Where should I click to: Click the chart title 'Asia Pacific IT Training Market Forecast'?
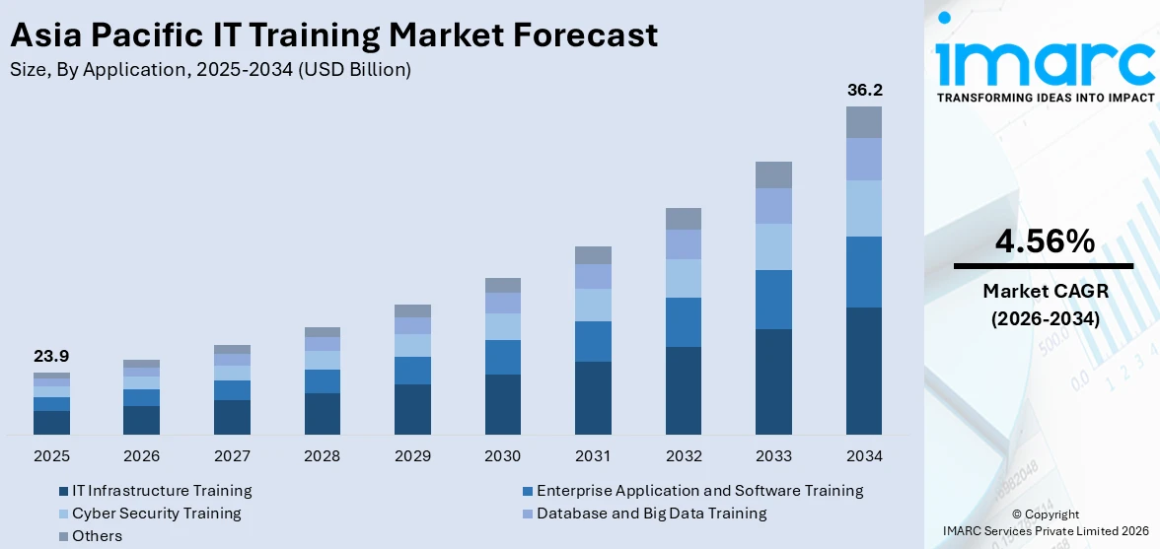(333, 35)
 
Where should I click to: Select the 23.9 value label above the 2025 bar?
(51, 356)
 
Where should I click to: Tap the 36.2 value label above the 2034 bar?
(864, 90)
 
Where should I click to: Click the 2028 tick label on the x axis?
(323, 456)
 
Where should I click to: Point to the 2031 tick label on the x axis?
(593, 456)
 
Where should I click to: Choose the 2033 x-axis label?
(773, 456)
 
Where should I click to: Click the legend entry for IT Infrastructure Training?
(155, 491)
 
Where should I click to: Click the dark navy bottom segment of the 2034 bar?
(864, 371)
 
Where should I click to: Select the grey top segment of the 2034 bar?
(864, 122)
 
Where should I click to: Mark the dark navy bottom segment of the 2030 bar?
(503, 404)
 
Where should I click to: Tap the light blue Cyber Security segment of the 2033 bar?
(773, 246)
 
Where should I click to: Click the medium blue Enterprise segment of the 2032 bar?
(684, 322)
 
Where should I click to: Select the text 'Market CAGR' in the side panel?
(1043, 291)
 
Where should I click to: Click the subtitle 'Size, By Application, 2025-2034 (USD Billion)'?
(210, 69)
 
